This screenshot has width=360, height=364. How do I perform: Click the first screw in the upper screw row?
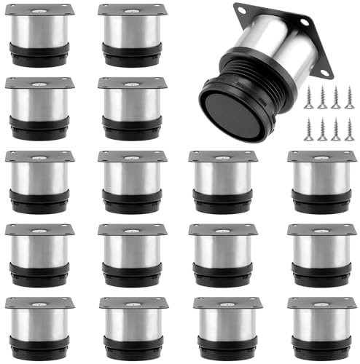coord(309,95)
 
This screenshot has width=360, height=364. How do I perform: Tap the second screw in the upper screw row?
coord(322,95)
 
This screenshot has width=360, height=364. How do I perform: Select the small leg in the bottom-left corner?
coord(39,324)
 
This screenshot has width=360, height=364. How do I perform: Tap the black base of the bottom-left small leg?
coord(39,347)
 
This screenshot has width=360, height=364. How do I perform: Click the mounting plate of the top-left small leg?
coord(39,9)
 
